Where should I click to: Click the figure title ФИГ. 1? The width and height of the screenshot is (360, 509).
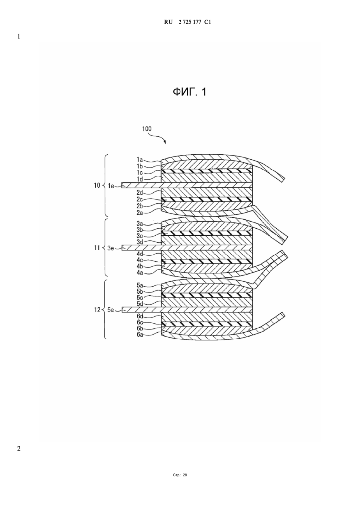[189, 92]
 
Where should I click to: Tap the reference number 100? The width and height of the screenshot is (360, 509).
[146, 129]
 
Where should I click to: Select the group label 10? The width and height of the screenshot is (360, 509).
[97, 186]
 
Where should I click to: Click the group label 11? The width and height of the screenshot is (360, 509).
[97, 248]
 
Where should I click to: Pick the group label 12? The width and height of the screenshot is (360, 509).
[97, 310]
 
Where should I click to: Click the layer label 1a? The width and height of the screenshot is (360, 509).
[140, 160]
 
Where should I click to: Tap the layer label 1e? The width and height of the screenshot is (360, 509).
[111, 186]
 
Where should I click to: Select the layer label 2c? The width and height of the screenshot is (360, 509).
[140, 199]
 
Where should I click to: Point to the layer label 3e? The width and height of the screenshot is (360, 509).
[111, 248]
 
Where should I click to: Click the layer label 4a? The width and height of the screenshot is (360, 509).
[140, 273]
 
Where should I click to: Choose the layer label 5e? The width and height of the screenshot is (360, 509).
[111, 310]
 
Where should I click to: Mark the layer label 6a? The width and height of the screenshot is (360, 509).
[140, 335]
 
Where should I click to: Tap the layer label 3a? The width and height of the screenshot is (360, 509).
[140, 223]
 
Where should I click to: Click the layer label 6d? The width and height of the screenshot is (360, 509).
[140, 316]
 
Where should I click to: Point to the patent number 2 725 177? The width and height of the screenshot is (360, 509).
[190, 22]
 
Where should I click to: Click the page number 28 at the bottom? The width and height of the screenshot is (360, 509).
[185, 475]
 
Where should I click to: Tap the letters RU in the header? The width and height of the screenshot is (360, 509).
[168, 22]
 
